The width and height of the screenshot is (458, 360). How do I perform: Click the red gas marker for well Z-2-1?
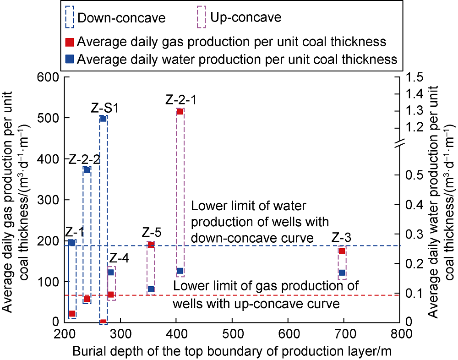pos(180,111)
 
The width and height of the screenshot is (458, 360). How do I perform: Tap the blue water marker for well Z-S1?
pos(103,118)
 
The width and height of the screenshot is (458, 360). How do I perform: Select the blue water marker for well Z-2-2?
pos(87,170)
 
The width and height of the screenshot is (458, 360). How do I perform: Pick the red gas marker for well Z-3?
pos(342,251)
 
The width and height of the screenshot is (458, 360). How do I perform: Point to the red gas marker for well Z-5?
pos(151,245)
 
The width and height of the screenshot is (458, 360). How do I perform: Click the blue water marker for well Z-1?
pos(72,242)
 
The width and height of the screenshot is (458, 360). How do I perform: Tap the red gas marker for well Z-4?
pos(110,295)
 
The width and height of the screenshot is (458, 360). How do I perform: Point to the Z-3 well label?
pos(342,238)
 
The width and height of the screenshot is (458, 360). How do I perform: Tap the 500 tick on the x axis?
pos(232,333)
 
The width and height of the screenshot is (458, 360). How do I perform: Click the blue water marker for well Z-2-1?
pos(180,271)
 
